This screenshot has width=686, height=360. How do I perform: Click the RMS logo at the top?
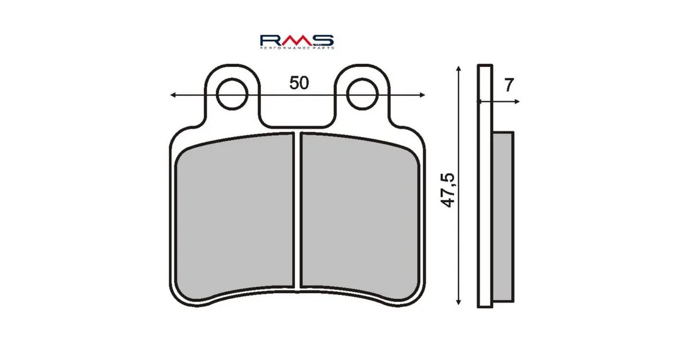[x=297, y=41]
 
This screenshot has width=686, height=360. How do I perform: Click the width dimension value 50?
[x=299, y=83]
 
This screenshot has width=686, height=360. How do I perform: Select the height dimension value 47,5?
[x=448, y=190]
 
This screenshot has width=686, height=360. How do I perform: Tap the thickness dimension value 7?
[x=508, y=85]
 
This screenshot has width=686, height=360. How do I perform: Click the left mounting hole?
[x=232, y=94]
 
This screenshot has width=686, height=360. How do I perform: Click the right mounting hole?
[x=362, y=94]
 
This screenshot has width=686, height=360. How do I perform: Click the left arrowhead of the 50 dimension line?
[x=173, y=95]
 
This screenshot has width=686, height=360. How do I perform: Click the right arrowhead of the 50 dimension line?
[x=422, y=95]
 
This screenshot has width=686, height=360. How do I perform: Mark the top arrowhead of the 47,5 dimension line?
[x=458, y=69]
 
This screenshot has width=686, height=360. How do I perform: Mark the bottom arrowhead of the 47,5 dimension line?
[x=458, y=301]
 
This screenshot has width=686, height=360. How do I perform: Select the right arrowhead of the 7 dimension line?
[x=517, y=102]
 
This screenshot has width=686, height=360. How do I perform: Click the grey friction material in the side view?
[x=503, y=217]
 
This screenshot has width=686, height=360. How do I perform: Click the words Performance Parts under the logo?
[x=297, y=47]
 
